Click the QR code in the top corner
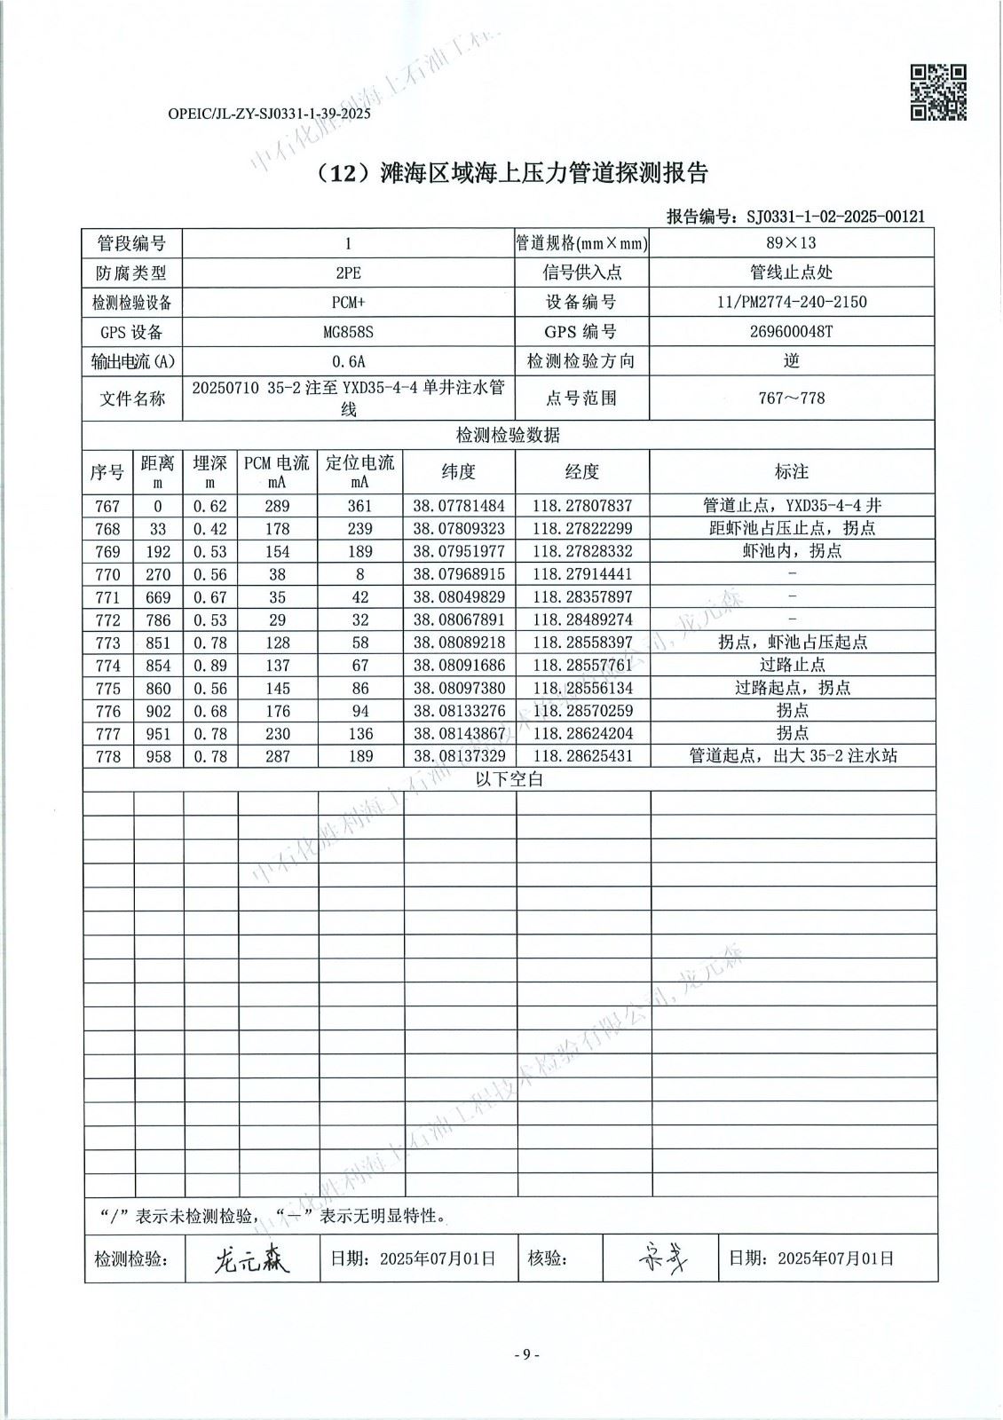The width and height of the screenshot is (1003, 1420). pyautogui.click(x=938, y=92)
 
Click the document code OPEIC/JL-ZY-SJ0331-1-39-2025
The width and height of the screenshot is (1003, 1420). pyautogui.click(x=268, y=114)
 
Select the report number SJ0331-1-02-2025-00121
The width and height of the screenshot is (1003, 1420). pyautogui.click(x=835, y=216)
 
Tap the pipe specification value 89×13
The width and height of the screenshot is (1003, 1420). pyautogui.click(x=792, y=243)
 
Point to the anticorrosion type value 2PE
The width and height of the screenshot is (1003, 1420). pyautogui.click(x=348, y=272)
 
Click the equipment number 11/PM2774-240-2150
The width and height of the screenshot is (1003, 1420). pyautogui.click(x=792, y=302)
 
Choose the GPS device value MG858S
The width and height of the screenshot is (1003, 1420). pyautogui.click(x=348, y=332)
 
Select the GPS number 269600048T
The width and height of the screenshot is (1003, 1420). pyautogui.click(x=792, y=332)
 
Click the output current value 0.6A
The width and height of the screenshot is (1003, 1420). pyautogui.click(x=348, y=361)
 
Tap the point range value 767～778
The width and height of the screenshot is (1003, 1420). pyautogui.click(x=792, y=398)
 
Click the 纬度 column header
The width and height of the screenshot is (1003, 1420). pyautogui.click(x=459, y=471)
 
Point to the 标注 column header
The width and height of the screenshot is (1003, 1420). pyautogui.click(x=792, y=471)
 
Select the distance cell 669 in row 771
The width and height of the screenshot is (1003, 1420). pyautogui.click(x=158, y=597)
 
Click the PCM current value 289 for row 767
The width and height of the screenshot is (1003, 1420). pyautogui.click(x=278, y=506)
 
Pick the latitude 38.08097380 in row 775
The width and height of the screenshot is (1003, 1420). pyautogui.click(x=459, y=688)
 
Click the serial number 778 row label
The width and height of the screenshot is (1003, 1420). pyautogui.click(x=107, y=756)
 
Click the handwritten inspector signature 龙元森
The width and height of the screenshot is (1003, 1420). pyautogui.click(x=252, y=1258)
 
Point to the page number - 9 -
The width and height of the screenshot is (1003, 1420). pyautogui.click(x=527, y=1354)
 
